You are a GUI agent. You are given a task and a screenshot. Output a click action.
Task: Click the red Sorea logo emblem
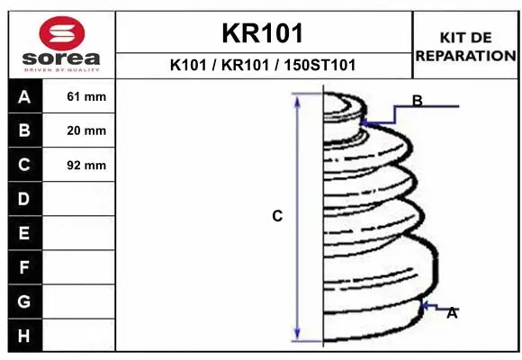point(62,33)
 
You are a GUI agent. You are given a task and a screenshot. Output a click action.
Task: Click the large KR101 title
point(263,33)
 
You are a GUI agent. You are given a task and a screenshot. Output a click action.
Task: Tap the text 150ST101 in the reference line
point(319,65)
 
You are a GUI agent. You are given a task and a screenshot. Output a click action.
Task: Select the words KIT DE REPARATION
point(465,47)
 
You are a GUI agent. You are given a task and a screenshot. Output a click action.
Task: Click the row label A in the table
point(24,97)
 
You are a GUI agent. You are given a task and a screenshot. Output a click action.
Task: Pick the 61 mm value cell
point(78,96)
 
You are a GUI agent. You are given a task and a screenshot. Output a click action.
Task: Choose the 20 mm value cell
point(78,130)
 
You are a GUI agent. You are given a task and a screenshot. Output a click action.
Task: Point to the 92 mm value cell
point(78,166)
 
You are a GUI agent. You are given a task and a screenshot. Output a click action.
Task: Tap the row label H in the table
point(24,336)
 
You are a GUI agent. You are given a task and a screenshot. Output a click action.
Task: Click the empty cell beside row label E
point(78,233)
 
